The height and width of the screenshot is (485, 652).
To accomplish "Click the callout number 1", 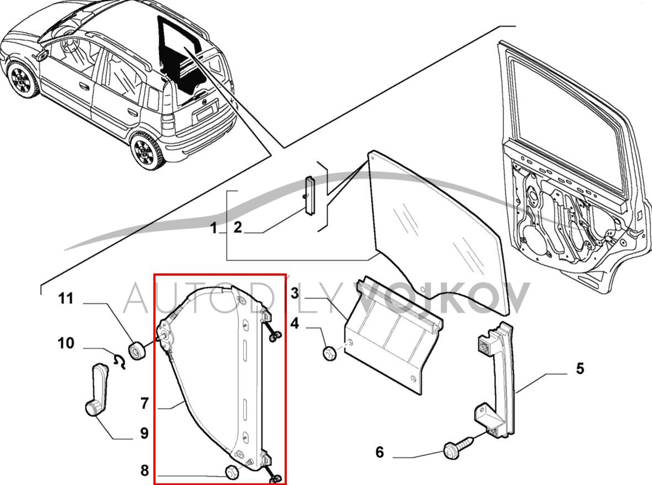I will (x=214, y=227).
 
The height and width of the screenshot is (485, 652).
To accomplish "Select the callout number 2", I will (x=237, y=227).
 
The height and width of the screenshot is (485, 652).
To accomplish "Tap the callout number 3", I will (x=295, y=293).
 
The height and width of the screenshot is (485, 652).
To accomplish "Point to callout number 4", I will (x=295, y=323).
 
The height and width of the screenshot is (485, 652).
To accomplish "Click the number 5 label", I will (x=580, y=368).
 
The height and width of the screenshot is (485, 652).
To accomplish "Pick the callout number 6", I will (x=380, y=452).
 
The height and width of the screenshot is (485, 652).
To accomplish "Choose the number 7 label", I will (x=145, y=404).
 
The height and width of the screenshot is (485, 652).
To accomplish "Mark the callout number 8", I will (x=145, y=471).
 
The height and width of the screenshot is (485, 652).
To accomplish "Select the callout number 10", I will (x=66, y=344).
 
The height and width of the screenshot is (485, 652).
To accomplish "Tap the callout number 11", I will (x=66, y=299).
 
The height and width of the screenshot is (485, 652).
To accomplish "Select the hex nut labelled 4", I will (x=330, y=353).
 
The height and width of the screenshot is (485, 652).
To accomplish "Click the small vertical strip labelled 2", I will (x=310, y=195).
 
